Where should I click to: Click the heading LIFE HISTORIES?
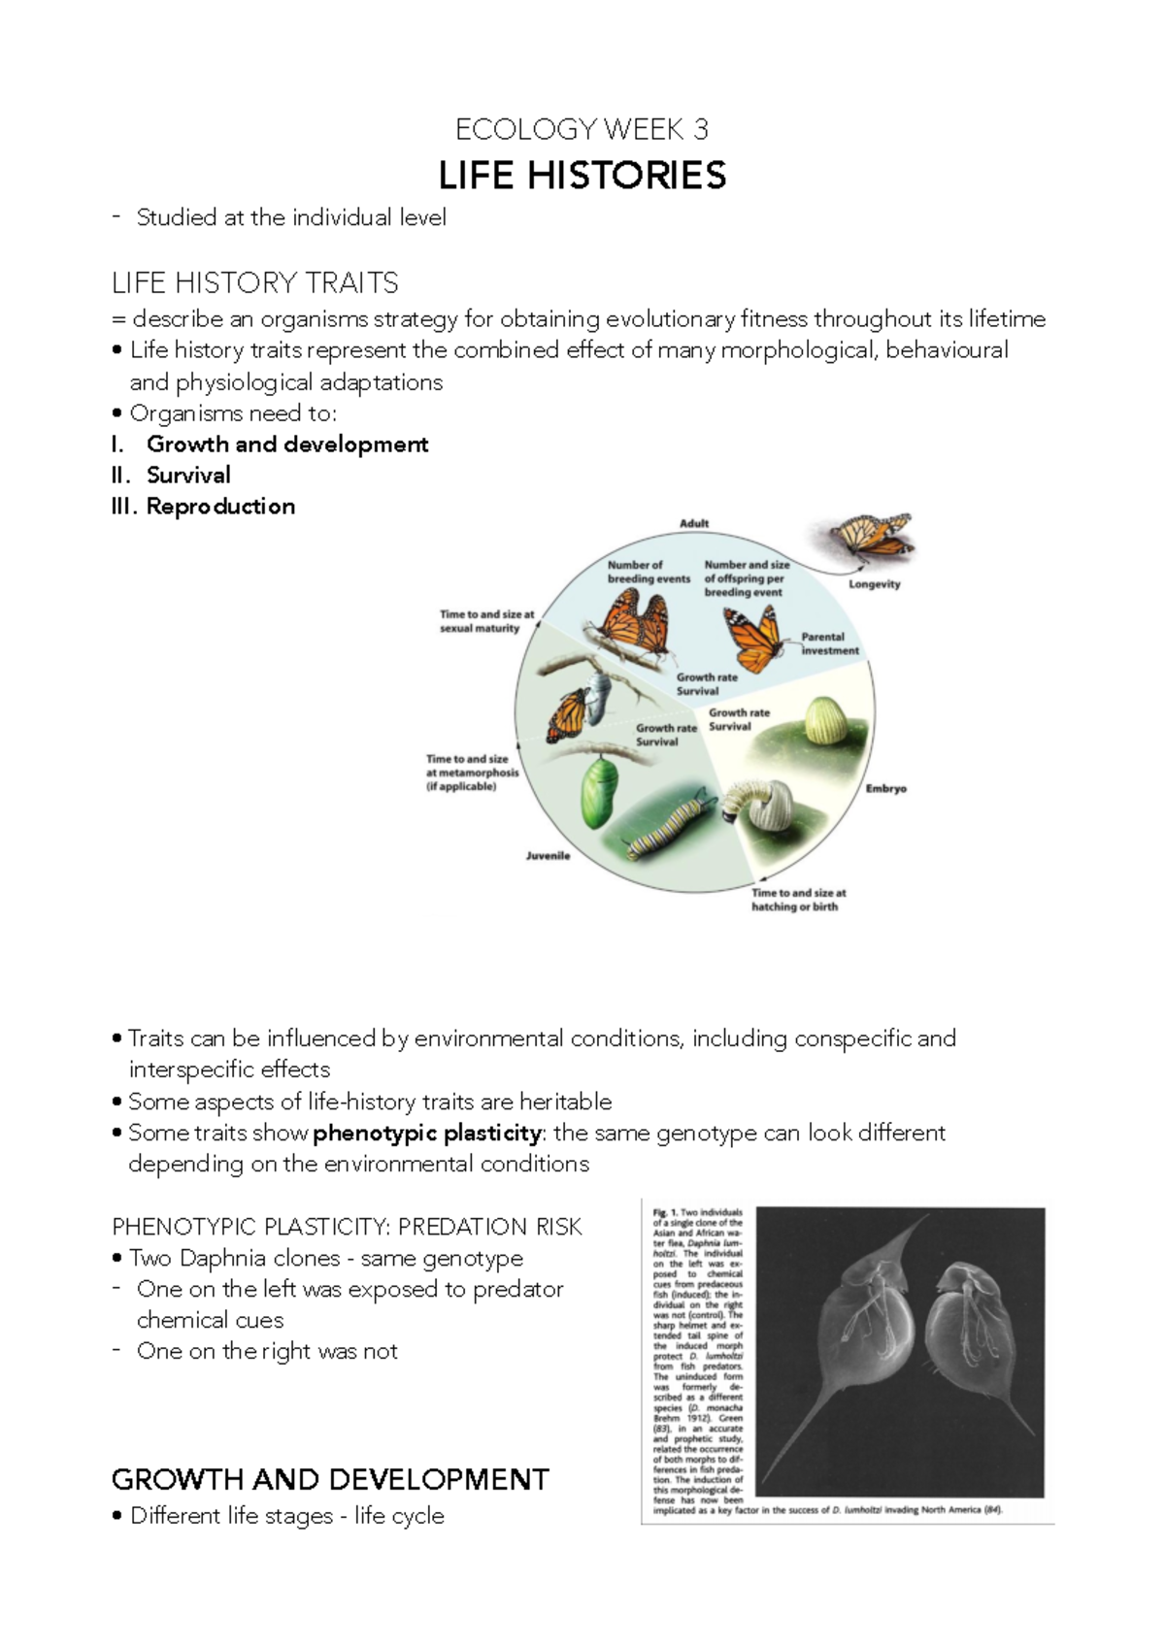[x=582, y=176]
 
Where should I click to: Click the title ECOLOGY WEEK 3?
[x=582, y=129]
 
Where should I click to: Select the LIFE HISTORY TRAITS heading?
[x=254, y=282]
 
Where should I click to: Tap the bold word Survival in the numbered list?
[x=188, y=475]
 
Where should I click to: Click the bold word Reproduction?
[x=220, y=506]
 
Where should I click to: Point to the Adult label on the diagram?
[x=694, y=523]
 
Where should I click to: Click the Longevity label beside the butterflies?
[x=874, y=584]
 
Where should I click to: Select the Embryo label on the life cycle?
[x=885, y=788]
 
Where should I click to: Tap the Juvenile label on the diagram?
[x=548, y=855]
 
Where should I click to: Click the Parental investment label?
[x=829, y=643]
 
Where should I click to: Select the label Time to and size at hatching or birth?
[x=798, y=900]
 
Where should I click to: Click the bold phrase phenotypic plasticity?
[x=427, y=1133]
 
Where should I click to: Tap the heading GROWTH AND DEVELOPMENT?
[x=330, y=1479]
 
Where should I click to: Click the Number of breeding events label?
[x=649, y=572]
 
